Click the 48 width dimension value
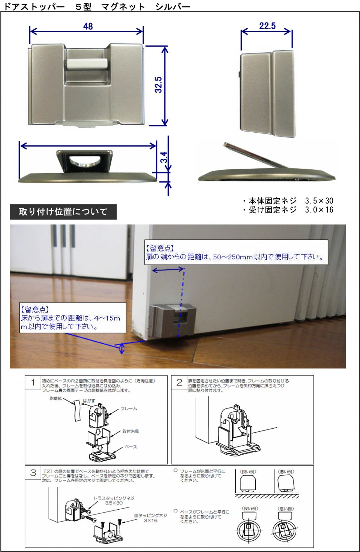click(x=88, y=26)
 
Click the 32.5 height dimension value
click(x=158, y=85)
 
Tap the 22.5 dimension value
click(x=267, y=26)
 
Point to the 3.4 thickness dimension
click(x=164, y=157)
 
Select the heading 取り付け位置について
click(x=63, y=212)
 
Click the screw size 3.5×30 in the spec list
click(x=319, y=201)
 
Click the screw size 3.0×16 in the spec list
click(x=319, y=210)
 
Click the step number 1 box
click(x=33, y=382)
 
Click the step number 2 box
click(x=179, y=382)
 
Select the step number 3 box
click(x=33, y=473)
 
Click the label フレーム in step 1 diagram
click(x=129, y=408)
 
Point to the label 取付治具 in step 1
click(x=130, y=431)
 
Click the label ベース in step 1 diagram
click(x=131, y=447)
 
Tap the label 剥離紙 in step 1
click(x=55, y=399)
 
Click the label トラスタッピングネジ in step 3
click(x=114, y=498)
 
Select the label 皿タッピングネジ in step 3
click(x=150, y=516)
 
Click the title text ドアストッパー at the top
click(x=34, y=6)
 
